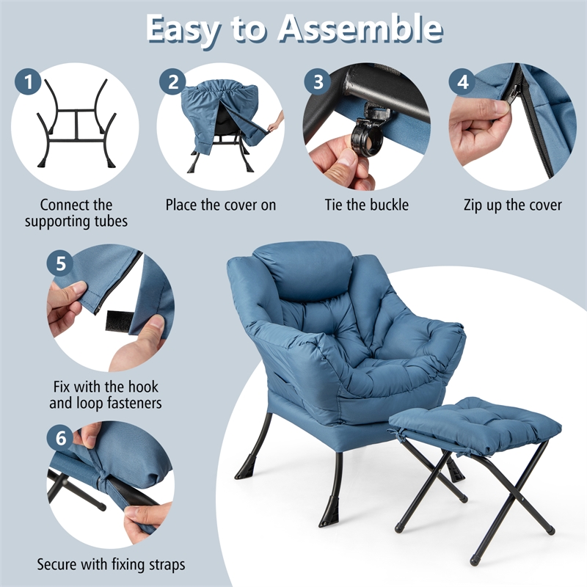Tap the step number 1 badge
(29, 82)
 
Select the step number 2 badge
(172, 82)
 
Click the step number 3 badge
(318, 82)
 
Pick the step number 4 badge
(462, 82)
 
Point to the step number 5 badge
(61, 263)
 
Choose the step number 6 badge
(61, 438)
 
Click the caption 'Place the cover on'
(221, 205)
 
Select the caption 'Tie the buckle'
(367, 205)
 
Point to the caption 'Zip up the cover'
(513, 205)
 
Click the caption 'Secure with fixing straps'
(111, 564)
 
